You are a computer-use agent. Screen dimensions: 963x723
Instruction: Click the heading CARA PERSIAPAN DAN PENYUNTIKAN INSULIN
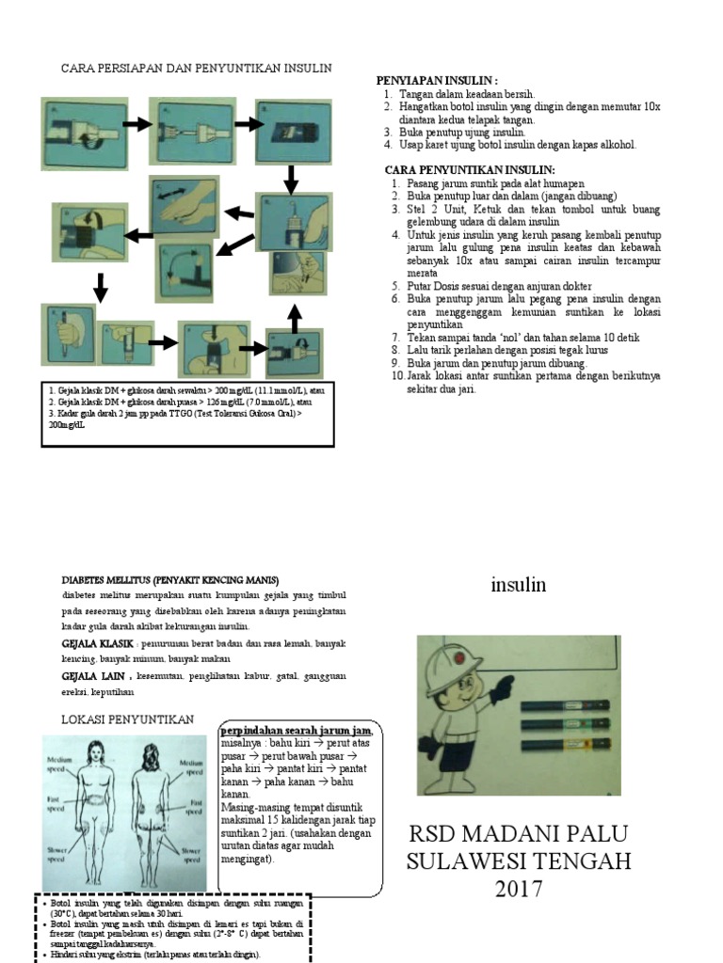(196, 69)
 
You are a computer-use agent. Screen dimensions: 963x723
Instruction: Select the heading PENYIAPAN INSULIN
(438, 81)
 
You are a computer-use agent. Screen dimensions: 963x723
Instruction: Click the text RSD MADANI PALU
(517, 834)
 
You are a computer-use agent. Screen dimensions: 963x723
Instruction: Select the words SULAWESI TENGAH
(517, 861)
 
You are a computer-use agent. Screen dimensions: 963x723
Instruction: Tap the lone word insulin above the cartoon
(518, 585)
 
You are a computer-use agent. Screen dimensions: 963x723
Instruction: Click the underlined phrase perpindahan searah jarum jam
(295, 731)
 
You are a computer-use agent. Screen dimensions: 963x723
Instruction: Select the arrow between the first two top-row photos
(137, 124)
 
